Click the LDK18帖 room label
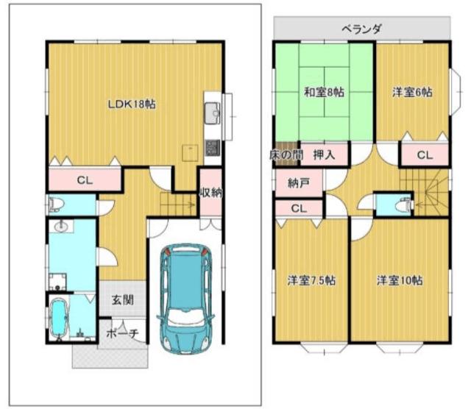(132, 104)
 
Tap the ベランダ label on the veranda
(361, 29)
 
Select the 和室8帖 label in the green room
(324, 92)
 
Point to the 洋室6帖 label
(412, 92)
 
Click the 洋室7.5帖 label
(311, 280)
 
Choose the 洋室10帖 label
(400, 280)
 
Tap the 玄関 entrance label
(123, 299)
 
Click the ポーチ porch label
(123, 334)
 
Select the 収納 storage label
(211, 193)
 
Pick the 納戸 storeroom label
(299, 183)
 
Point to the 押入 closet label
(324, 155)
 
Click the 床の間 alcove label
(286, 155)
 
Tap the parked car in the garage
(185, 299)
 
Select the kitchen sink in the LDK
(213, 113)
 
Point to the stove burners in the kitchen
(213, 148)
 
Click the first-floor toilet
(57, 204)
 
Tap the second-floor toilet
(403, 205)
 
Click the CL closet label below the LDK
(85, 180)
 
